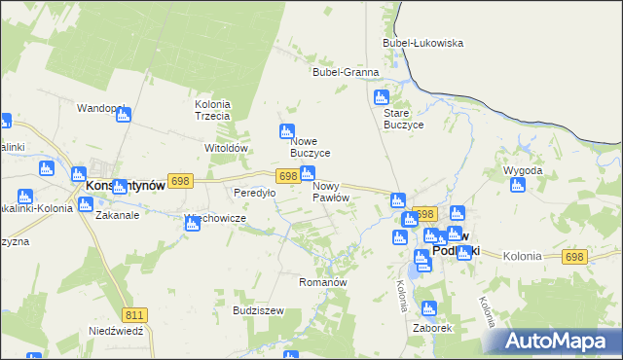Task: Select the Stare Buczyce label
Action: (x=403, y=118)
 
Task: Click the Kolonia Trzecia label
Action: (x=212, y=110)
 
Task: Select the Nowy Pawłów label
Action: (x=331, y=192)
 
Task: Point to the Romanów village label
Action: (x=322, y=282)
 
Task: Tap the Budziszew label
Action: (x=258, y=310)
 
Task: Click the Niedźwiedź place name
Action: (x=116, y=331)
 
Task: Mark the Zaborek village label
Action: (x=432, y=329)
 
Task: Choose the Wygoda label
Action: (x=522, y=170)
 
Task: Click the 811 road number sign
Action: (x=135, y=314)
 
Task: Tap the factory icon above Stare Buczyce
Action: (x=382, y=97)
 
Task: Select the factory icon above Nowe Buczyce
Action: (x=286, y=131)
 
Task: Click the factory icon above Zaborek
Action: (x=429, y=308)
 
